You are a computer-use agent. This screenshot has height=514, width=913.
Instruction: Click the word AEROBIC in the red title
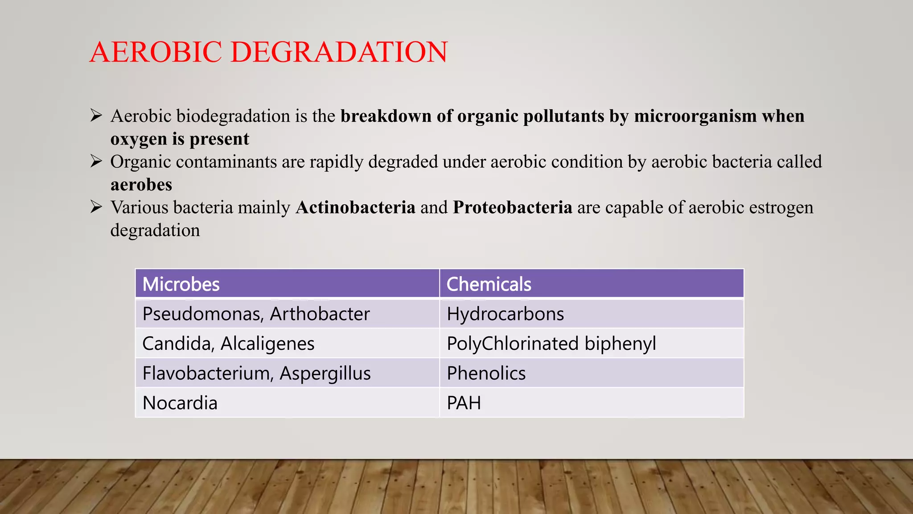click(x=156, y=52)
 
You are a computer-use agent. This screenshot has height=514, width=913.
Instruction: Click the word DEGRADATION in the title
click(x=339, y=52)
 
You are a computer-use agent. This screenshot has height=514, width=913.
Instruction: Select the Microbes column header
click(x=181, y=284)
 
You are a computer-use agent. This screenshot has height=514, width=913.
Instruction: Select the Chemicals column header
click(x=489, y=284)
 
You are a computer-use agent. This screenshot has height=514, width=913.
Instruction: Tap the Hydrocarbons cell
click(x=505, y=314)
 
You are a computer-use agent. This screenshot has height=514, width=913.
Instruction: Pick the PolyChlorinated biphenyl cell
click(x=551, y=344)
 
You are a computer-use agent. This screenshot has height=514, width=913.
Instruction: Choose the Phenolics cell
click(x=486, y=373)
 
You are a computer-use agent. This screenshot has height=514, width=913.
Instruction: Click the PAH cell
click(x=464, y=403)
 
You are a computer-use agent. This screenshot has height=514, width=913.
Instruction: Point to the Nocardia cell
click(x=180, y=403)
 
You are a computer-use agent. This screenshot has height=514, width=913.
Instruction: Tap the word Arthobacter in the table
click(x=320, y=314)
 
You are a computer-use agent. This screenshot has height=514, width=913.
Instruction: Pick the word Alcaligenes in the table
click(x=267, y=344)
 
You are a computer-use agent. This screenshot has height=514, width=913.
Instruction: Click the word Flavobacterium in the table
click(x=207, y=373)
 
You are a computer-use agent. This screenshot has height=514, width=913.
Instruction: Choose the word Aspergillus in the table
click(x=325, y=373)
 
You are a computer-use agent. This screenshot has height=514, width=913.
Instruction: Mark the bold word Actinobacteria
click(x=355, y=207)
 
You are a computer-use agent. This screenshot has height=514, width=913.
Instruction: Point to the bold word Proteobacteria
click(x=512, y=207)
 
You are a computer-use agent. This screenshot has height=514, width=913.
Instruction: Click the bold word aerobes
click(x=141, y=185)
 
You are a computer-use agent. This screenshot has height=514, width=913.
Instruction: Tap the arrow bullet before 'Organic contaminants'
click(x=96, y=161)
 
